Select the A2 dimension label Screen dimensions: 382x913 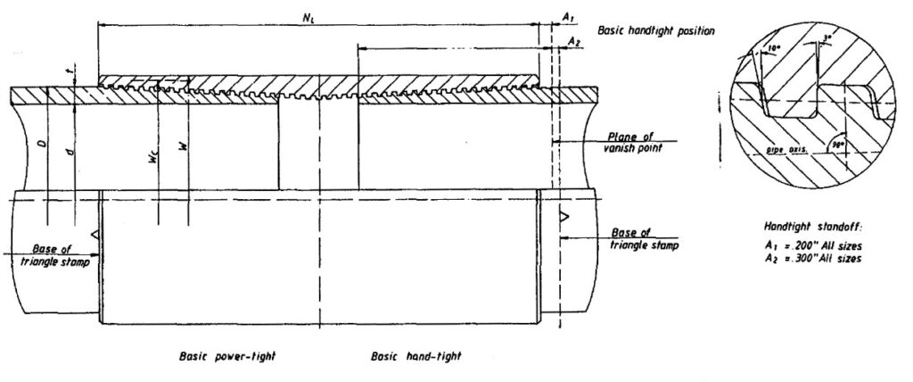(574, 41)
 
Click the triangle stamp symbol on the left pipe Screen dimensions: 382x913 (95, 235)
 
